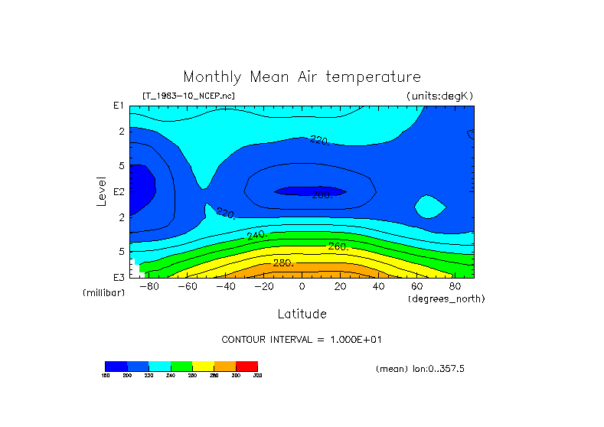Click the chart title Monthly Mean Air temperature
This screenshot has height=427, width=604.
(302, 77)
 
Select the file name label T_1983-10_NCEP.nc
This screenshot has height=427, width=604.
(188, 96)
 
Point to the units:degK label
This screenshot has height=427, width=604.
(439, 96)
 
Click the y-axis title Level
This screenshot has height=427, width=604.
(102, 191)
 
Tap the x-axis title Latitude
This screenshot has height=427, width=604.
(302, 314)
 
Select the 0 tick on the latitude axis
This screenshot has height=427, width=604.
(302, 287)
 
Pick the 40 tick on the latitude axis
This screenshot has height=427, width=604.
(378, 287)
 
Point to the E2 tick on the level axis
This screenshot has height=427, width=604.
(119, 191)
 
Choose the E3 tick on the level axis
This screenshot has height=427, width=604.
(119, 277)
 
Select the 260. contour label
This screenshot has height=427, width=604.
(338, 246)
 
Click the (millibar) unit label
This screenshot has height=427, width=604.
(103, 293)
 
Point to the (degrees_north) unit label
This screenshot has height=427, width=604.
(446, 298)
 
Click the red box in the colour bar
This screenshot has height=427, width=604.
(246, 366)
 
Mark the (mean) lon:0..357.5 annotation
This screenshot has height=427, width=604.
(420, 369)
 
